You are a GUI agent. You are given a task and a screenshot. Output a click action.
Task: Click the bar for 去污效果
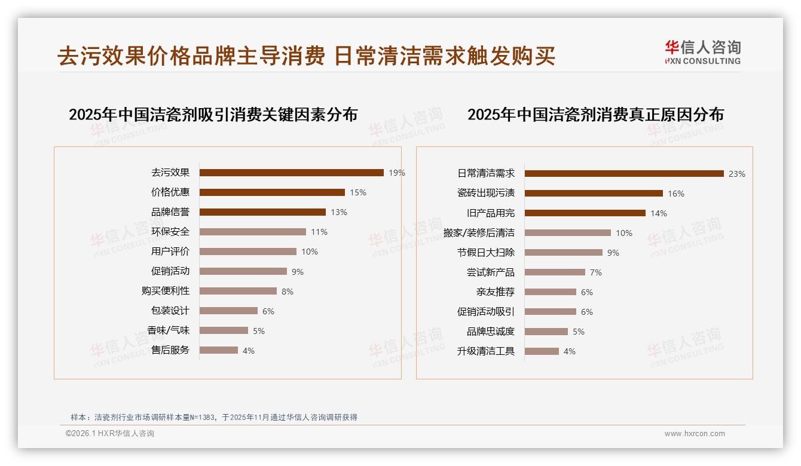click(291, 173)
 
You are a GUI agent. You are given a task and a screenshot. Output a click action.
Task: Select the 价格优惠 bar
click(272, 192)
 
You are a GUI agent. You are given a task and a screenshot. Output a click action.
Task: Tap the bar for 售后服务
click(218, 350)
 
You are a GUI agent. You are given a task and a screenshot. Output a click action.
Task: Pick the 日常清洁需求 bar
click(624, 174)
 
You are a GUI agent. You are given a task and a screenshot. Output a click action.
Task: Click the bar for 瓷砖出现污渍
click(594, 194)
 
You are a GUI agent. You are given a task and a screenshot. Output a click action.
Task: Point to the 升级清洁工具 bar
click(542, 351)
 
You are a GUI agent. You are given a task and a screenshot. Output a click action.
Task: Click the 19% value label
click(397, 173)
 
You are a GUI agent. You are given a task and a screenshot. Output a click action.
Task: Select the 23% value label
click(737, 174)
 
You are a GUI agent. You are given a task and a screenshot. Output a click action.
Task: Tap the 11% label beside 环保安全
click(319, 232)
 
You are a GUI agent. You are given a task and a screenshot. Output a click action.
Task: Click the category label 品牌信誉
click(170, 212)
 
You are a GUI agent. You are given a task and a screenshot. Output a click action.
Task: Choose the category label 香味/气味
click(169, 330)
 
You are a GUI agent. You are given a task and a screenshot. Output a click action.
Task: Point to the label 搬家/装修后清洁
click(479, 233)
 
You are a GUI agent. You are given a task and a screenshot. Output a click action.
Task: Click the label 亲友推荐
click(496, 292)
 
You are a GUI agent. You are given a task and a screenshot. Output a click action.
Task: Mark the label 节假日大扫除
click(486, 253)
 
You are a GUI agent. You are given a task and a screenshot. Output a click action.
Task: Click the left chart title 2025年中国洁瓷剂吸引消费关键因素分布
click(213, 115)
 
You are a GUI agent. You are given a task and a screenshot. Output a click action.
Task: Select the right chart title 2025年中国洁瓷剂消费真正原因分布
click(595, 115)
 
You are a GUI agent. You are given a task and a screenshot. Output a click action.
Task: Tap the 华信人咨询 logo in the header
click(703, 52)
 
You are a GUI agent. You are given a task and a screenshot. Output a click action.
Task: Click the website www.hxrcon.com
click(695, 434)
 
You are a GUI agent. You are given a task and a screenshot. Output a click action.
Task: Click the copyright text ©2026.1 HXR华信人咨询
click(110, 434)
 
